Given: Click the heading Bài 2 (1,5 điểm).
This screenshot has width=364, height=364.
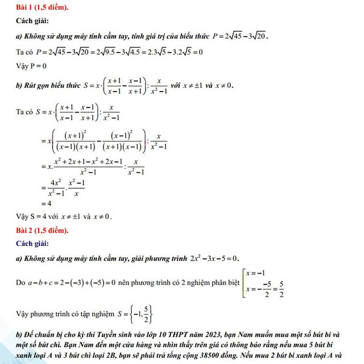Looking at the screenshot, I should click(43, 230).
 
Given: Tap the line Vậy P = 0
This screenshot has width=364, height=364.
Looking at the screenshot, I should click(31, 66).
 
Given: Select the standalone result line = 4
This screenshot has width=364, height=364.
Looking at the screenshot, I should click(46, 203).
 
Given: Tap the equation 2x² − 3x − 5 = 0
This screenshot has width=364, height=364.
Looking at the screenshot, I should click(213, 258).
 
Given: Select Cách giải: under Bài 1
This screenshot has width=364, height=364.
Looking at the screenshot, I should click(32, 22).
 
